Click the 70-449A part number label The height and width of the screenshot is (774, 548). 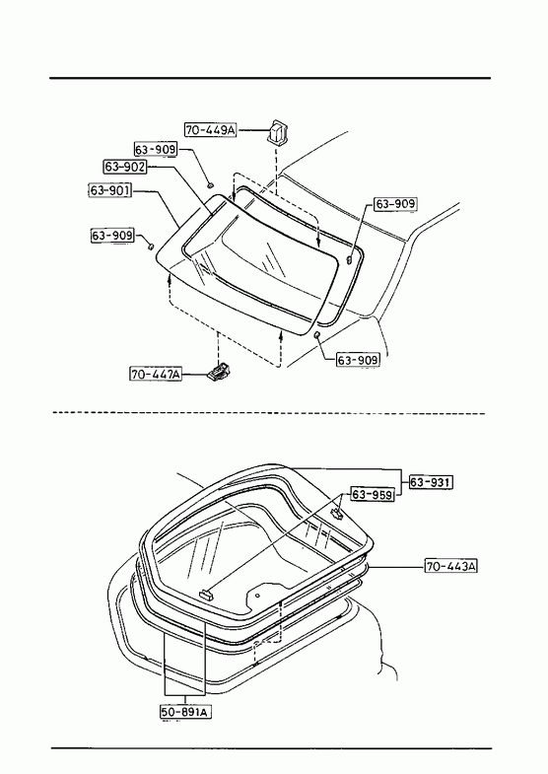point(211,130)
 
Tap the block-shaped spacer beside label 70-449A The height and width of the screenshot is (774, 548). point(278,132)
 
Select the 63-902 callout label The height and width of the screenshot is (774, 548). point(125,167)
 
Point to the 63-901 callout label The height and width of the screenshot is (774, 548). point(110,190)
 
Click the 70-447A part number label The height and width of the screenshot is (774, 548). point(156,374)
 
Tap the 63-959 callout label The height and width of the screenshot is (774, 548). point(373,494)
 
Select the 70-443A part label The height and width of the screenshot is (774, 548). point(451,566)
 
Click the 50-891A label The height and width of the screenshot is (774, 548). point(186,711)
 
